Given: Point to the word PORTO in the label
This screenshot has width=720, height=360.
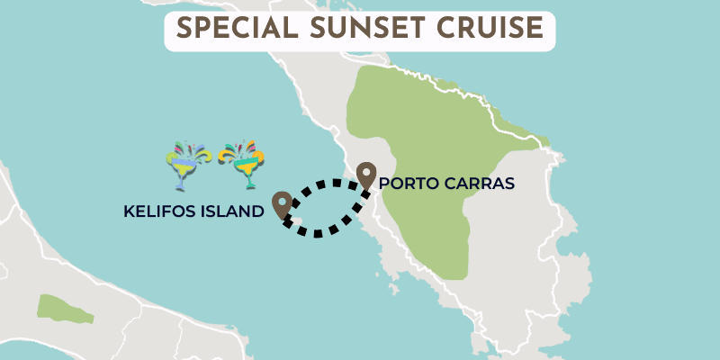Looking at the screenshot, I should (409, 184).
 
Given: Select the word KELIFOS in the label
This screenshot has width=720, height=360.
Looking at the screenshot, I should (159, 212).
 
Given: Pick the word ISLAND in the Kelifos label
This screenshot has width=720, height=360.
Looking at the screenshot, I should (231, 212).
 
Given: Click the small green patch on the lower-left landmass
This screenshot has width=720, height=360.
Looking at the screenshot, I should (64, 307).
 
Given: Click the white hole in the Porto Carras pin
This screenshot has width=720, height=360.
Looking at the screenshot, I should (366, 170).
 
